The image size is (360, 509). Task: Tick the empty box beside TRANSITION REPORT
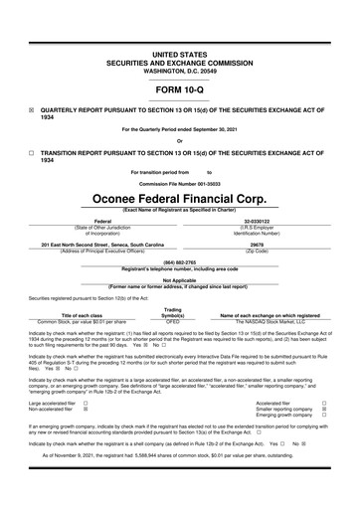coord(31,154)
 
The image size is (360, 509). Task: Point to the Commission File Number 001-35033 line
coord(179,181)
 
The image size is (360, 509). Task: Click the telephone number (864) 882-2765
coord(179,261)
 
